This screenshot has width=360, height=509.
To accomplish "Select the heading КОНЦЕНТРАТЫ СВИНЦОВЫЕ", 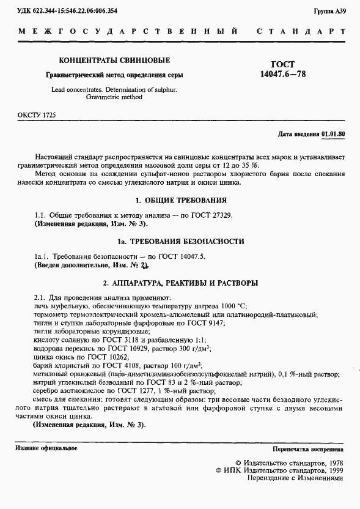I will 114,61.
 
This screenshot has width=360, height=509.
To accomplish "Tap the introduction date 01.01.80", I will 334,133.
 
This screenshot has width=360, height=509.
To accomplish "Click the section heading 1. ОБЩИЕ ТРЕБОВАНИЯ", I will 180,200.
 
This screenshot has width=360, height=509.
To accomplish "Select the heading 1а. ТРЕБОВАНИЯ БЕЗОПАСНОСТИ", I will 180,242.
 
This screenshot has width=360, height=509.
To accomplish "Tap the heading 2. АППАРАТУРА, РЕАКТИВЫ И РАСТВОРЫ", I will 180,283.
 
